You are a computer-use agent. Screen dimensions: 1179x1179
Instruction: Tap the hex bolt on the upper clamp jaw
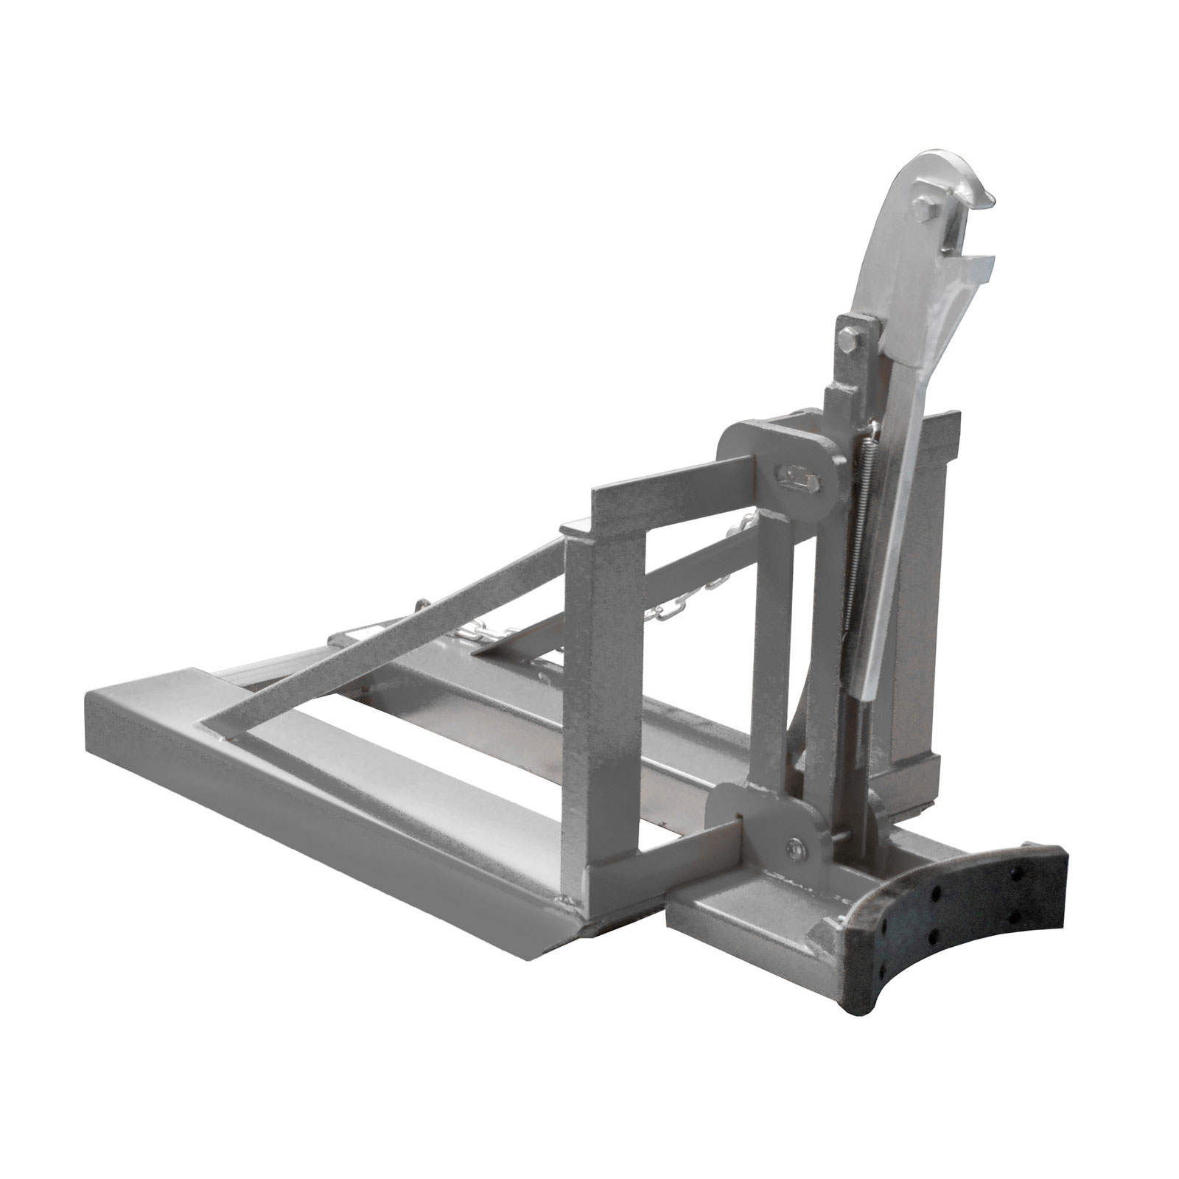925,209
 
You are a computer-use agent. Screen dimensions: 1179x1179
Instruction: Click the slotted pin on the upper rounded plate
800,479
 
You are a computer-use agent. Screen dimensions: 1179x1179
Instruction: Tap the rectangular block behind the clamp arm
932,589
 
